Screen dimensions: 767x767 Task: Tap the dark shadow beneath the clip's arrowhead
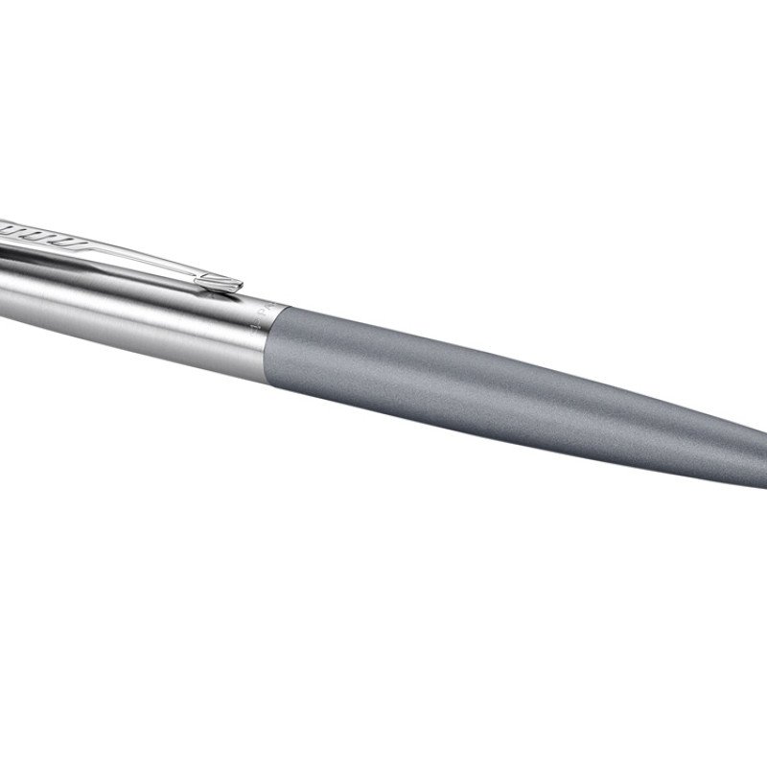point(216,291)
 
